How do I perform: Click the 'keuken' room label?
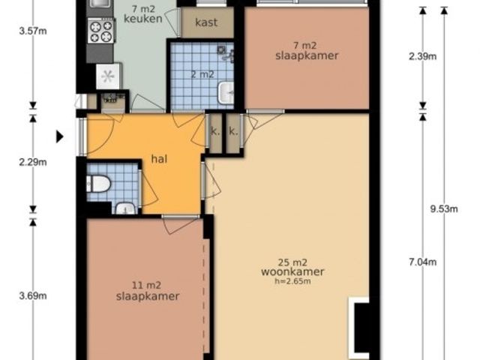(x=143, y=19)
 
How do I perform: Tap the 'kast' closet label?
(x=206, y=22)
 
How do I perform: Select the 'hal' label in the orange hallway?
(x=159, y=159)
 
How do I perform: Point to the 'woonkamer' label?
(x=292, y=271)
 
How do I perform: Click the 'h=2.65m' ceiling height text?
(x=292, y=281)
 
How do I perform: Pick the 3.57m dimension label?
(x=33, y=31)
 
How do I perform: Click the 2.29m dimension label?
(x=33, y=162)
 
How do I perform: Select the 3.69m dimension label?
(x=33, y=295)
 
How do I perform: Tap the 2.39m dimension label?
(x=423, y=57)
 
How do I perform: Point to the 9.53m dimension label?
(x=444, y=208)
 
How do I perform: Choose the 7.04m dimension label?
(x=423, y=262)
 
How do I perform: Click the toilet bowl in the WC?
(x=98, y=184)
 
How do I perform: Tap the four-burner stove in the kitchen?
(x=101, y=31)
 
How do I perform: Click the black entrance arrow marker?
(x=60, y=136)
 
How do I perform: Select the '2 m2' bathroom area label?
(x=202, y=74)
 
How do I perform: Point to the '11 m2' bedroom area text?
(x=146, y=285)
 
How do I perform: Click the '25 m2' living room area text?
(x=292, y=262)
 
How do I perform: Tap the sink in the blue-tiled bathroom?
(x=226, y=93)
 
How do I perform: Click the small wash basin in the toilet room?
(x=125, y=208)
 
